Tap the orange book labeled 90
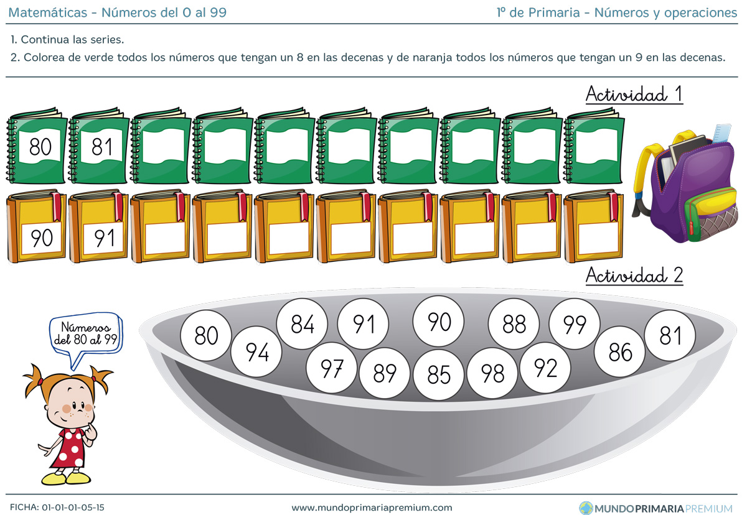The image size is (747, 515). click(x=37, y=226)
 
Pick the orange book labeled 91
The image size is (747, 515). click(x=99, y=226)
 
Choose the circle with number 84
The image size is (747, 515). click(x=302, y=324)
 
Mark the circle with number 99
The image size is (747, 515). click(x=575, y=324)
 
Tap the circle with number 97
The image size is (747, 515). click(x=331, y=368)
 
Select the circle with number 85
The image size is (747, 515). click(x=439, y=374)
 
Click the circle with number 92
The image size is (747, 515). click(x=545, y=368)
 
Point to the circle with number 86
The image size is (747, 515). click(x=620, y=352)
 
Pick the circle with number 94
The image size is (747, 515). click(x=256, y=352)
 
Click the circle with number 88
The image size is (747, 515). click(x=514, y=324)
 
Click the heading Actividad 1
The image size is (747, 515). click(x=634, y=95)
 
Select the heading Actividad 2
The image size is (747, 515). click(x=634, y=275)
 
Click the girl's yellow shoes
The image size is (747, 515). click(x=66, y=478)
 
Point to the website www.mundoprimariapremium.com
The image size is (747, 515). click(x=372, y=508)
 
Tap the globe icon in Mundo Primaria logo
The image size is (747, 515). click(x=586, y=508)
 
